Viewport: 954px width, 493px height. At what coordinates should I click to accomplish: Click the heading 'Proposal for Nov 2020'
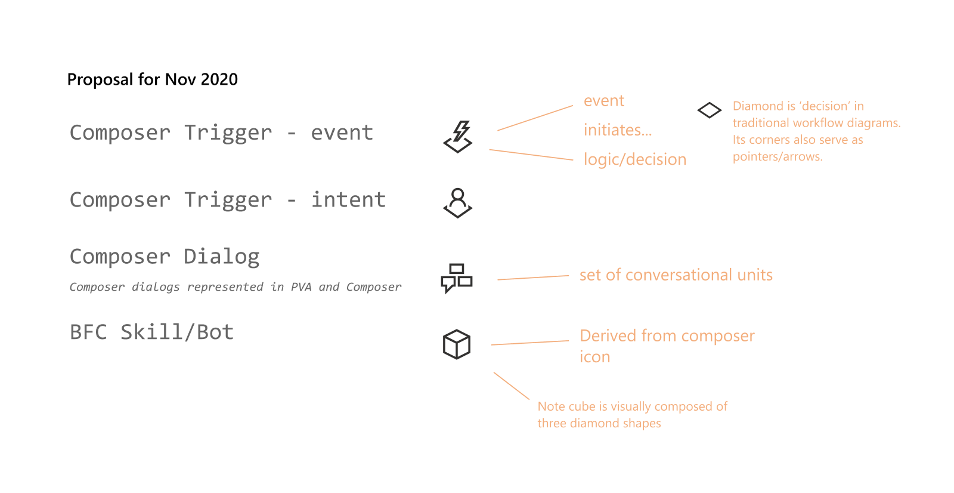pyautogui.click(x=152, y=79)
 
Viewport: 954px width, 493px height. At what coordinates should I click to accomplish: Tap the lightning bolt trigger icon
pyautogui.click(x=458, y=137)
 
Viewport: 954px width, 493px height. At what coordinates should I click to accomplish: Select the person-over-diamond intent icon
pyautogui.click(x=458, y=203)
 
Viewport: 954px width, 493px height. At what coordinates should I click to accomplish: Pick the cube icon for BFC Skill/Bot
pyautogui.click(x=457, y=344)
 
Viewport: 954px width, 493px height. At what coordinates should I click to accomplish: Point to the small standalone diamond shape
pyautogui.click(x=710, y=110)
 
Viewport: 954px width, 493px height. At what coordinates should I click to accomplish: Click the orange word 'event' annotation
pyautogui.click(x=603, y=101)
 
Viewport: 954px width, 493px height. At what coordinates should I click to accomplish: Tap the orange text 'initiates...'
pyautogui.click(x=617, y=130)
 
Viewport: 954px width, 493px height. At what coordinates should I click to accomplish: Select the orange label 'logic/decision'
pyautogui.click(x=634, y=159)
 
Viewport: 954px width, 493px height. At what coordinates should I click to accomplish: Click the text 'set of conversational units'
pyautogui.click(x=676, y=275)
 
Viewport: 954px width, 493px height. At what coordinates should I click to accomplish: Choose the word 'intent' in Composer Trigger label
pyautogui.click(x=348, y=200)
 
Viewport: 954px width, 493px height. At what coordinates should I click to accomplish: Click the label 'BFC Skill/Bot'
pyautogui.click(x=151, y=332)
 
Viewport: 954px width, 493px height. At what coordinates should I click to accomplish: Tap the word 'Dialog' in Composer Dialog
pyautogui.click(x=221, y=257)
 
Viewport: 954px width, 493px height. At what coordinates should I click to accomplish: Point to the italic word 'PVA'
pyautogui.click(x=301, y=287)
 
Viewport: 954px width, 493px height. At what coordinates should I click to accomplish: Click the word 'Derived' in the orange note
pyautogui.click(x=608, y=336)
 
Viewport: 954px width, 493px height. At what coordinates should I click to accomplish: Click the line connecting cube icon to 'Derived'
pyautogui.click(x=529, y=343)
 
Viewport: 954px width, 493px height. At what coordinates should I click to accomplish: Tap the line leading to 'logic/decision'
pyautogui.click(x=531, y=155)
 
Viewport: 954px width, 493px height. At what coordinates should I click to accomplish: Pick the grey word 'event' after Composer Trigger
pyautogui.click(x=342, y=133)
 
